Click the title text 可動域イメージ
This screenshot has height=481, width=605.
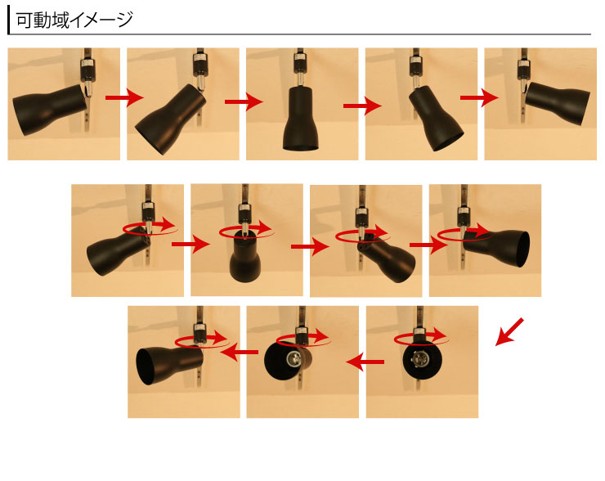74,20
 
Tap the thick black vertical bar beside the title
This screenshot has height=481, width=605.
8,20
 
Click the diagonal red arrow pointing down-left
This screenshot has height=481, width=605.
509,331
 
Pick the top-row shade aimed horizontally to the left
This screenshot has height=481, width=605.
49,110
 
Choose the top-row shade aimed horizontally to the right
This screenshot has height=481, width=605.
558,102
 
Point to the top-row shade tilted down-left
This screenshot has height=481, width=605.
170,119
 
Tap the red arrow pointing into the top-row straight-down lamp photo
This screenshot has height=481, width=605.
244,102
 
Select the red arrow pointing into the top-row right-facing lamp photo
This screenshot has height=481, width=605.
479,97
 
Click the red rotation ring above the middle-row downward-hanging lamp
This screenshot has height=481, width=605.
247,231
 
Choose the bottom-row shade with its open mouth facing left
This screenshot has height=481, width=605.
170,365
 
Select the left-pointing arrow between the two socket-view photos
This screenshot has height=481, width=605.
365,362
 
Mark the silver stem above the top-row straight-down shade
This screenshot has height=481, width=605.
299,79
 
